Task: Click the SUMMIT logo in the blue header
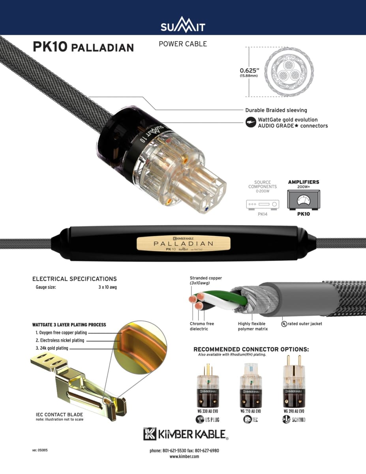click(183, 26)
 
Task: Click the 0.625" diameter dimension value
click(249, 70)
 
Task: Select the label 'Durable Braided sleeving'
click(276, 110)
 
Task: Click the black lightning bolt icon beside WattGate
click(250, 122)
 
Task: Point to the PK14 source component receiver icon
click(263, 204)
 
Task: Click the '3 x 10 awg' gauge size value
click(108, 287)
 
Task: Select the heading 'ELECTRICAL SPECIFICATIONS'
click(75, 279)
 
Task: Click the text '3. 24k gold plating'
click(52, 348)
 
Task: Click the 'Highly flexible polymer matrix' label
click(253, 326)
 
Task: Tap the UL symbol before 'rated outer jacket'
click(284, 324)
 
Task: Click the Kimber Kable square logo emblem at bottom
click(150, 434)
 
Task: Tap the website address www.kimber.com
click(184, 456)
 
